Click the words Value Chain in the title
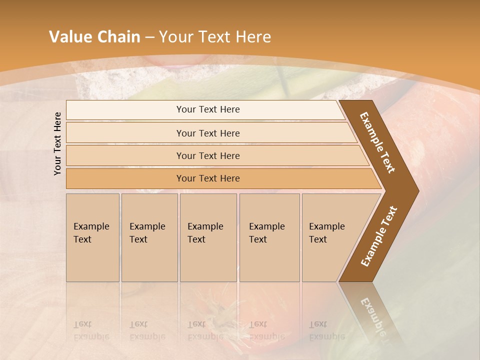tap(94, 37)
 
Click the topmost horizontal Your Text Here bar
tap(208, 109)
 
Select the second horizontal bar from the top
tap(208, 133)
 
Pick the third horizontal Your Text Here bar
tap(208, 155)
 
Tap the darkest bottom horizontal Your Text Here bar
tap(208, 178)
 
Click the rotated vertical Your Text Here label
tap(58, 143)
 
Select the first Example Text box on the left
tap(92, 237)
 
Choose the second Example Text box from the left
tap(149, 237)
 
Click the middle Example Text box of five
tap(208, 237)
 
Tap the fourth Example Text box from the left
tap(269, 237)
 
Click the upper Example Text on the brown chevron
tap(378, 142)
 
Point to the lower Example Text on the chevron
tap(379, 236)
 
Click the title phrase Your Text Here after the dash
tap(215, 37)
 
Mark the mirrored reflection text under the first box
tap(91, 330)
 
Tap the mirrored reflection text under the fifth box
tap(327, 330)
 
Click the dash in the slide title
tap(149, 37)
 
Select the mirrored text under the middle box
tap(205, 330)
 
